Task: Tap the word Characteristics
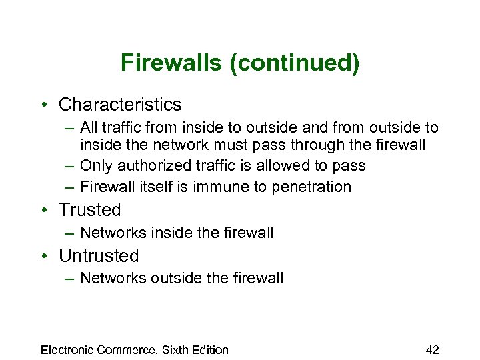[x=120, y=105]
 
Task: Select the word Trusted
[x=90, y=210]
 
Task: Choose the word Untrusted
[x=99, y=256]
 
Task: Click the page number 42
[x=432, y=350]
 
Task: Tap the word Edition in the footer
[x=209, y=350]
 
